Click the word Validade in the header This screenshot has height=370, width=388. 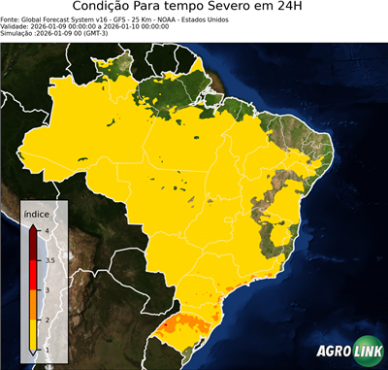(x=16, y=25)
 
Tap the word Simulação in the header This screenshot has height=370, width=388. (x=18, y=33)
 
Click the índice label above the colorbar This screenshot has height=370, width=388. (x=37, y=212)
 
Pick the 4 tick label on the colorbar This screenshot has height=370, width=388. (x=48, y=231)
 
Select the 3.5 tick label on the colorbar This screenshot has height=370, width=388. (x=49, y=260)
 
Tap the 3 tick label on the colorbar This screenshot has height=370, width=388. (x=48, y=289)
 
